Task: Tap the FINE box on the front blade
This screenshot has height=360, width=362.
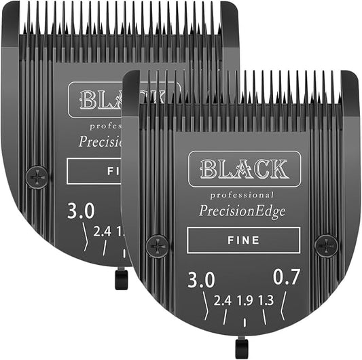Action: point(244,240)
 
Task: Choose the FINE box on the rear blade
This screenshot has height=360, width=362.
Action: point(95,172)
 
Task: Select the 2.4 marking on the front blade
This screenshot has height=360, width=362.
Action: point(222,301)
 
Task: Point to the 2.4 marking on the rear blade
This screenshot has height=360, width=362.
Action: point(103,232)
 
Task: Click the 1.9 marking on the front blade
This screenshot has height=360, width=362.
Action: point(245,301)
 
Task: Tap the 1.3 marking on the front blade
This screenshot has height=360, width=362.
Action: point(267,301)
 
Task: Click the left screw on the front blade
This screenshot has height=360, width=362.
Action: point(157,245)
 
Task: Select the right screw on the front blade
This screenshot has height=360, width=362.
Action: point(326,245)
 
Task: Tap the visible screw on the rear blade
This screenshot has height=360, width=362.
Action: point(36,178)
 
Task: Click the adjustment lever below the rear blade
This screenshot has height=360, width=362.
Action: point(121,278)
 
